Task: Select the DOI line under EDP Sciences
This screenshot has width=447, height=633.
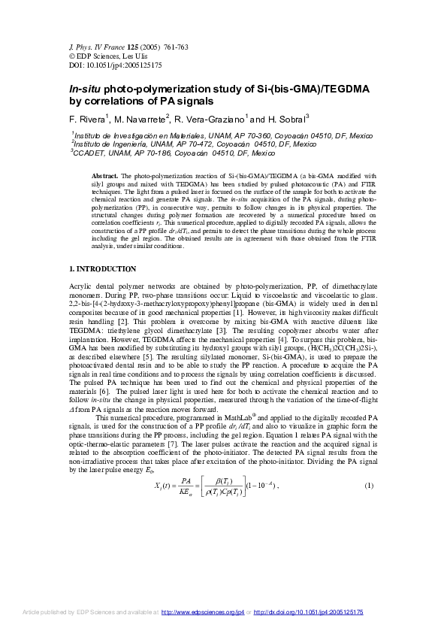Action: (x=98, y=65)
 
